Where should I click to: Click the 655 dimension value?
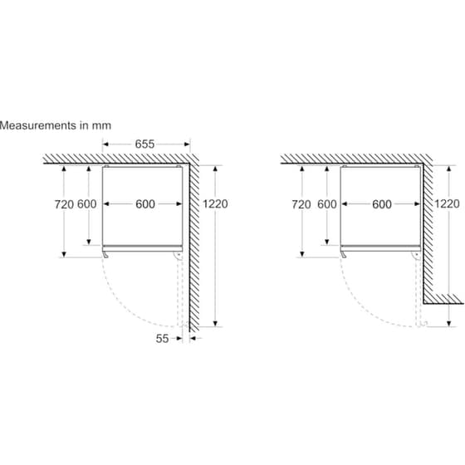(144, 144)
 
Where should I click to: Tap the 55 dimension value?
(162, 339)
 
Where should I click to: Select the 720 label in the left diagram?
(64, 204)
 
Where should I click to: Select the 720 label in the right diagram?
(301, 204)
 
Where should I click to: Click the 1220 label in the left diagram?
(215, 203)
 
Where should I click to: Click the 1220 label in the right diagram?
(447, 203)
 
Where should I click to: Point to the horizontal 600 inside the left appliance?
(145, 204)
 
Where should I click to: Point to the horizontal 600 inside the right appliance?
(382, 204)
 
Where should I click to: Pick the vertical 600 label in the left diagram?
(87, 204)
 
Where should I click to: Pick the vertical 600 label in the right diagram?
(327, 204)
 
